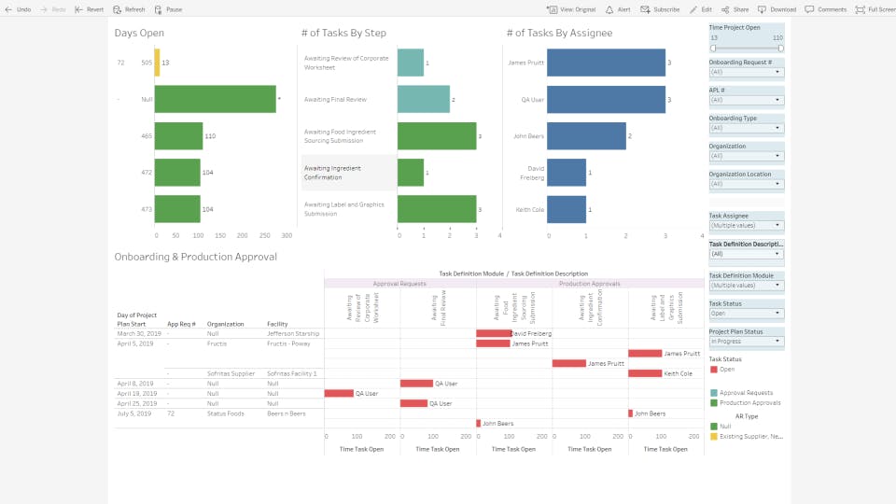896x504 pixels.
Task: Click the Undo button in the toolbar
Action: coord(19,9)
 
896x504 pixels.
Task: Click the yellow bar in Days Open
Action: coord(157,63)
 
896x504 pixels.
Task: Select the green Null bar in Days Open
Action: coord(215,99)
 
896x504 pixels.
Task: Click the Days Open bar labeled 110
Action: coord(178,136)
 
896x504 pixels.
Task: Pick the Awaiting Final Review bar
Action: coord(423,99)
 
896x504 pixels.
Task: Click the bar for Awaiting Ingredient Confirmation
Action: coord(410,173)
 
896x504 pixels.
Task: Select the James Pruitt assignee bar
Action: coord(606,63)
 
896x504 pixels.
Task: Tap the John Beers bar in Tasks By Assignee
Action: coord(586,136)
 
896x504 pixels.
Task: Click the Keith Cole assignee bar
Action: coord(567,209)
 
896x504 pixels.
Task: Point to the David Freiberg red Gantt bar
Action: coord(493,333)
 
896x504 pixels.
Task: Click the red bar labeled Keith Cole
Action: coord(645,373)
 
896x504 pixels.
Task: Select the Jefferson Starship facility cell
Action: coord(292,333)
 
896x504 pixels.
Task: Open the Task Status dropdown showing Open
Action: coord(746,314)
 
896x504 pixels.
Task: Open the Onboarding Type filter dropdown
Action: coord(746,128)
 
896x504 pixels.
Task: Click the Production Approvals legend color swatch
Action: coord(714,402)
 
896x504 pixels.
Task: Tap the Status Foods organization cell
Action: coord(226,413)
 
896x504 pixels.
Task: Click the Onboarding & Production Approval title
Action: coord(195,257)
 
